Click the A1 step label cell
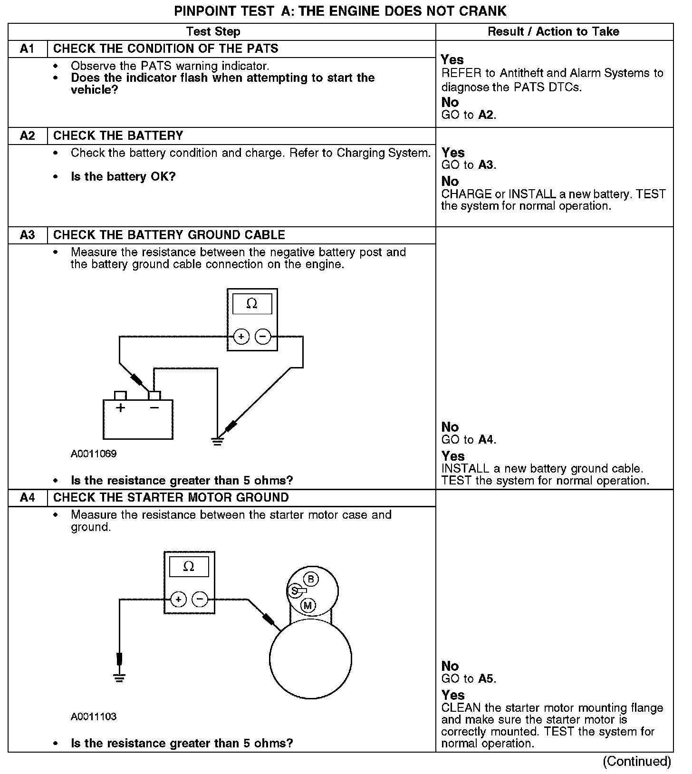click(x=28, y=49)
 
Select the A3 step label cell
click(x=28, y=235)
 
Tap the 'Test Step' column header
click(x=213, y=32)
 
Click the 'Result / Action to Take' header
click(x=554, y=32)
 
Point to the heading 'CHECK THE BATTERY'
click(x=118, y=136)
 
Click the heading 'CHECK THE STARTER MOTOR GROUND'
click(x=171, y=498)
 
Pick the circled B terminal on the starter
click(x=311, y=579)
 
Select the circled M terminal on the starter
click(x=308, y=606)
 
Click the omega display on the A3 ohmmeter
click(x=252, y=304)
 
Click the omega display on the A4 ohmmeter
click(x=189, y=567)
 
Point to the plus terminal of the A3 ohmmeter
click(x=241, y=337)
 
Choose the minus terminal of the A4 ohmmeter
click(x=200, y=600)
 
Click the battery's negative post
click(x=154, y=396)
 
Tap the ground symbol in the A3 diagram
click(x=217, y=442)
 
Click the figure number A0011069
click(x=94, y=454)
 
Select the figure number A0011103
click(x=94, y=716)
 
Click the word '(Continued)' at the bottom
click(x=637, y=762)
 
